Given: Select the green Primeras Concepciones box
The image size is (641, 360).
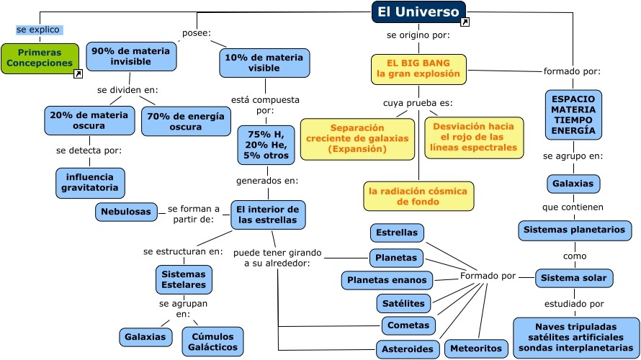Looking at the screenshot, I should pos(40,58).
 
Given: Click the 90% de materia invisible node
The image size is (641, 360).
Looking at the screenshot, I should pos(130,57).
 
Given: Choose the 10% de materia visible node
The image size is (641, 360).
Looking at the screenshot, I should pos(264,63).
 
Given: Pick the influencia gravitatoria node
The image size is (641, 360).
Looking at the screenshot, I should pos(90,183).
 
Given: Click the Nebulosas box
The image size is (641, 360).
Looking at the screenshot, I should pos(126,212).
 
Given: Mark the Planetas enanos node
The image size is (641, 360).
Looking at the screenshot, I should pos(387,280).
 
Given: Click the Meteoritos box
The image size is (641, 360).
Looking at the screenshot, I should pos(475,348).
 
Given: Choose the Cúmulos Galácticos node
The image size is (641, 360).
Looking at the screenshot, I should pos(212,341).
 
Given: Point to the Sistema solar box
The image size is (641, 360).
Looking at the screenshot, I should pos(574,278).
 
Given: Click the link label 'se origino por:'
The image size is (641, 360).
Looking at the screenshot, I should pos(418,35).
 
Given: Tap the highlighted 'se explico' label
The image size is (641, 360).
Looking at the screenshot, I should pos(38,30).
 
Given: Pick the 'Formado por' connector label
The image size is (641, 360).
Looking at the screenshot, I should pos(488,276).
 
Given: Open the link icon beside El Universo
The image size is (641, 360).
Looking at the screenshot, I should pos(465,23).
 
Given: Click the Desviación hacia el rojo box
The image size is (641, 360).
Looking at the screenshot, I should pos(475,137).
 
